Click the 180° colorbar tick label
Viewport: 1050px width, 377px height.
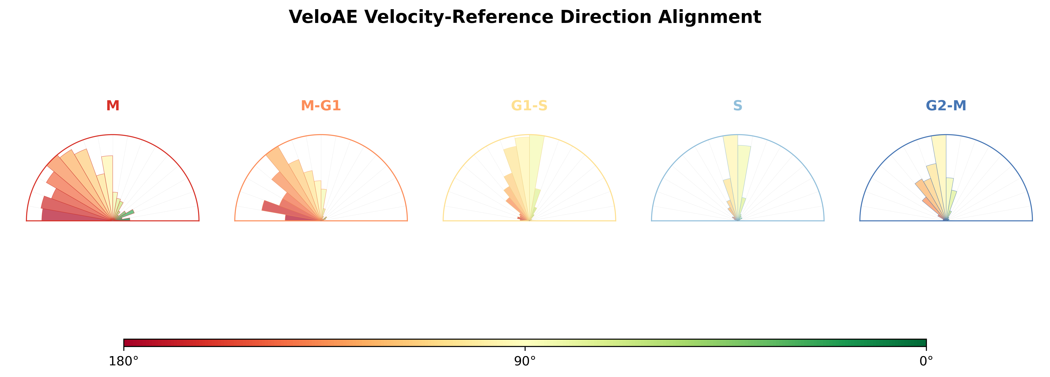pyautogui.click(x=124, y=361)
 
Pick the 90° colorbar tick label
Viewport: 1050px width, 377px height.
pyautogui.click(x=525, y=361)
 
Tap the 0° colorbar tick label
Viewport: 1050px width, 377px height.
pyautogui.click(x=926, y=361)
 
